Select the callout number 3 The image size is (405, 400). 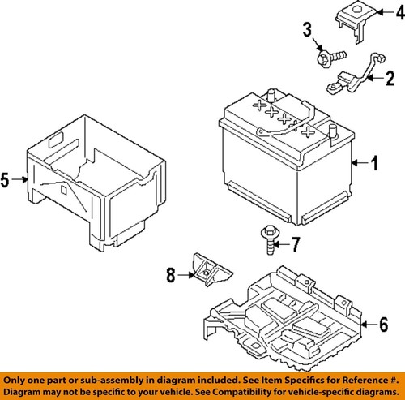[x=308, y=31]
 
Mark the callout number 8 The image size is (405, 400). [x=170, y=276]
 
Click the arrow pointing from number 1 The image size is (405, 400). [x=359, y=164]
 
